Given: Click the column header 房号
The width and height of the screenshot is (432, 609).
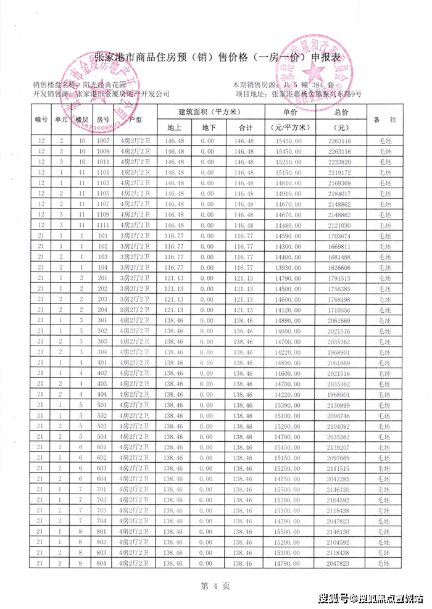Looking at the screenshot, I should [102, 120].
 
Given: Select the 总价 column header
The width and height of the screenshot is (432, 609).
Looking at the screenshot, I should [341, 112].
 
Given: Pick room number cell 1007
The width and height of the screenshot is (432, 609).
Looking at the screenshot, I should [102, 141].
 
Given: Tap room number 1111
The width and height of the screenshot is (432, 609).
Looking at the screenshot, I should [102, 225].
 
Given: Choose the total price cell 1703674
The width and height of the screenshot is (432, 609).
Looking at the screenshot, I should [341, 236].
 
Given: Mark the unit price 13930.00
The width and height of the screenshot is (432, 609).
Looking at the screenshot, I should [289, 267].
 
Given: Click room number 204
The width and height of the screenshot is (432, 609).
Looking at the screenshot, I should [102, 310].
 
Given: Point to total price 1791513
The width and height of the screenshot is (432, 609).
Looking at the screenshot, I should [341, 278].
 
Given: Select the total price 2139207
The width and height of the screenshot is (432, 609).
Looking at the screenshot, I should [341, 447].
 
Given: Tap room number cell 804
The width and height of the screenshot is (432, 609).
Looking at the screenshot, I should [102, 563].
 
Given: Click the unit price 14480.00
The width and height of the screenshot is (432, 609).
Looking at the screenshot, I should [289, 225].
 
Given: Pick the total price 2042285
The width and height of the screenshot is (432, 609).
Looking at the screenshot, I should [341, 479].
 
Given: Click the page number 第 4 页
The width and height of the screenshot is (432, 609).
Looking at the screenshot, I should [215, 586].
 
